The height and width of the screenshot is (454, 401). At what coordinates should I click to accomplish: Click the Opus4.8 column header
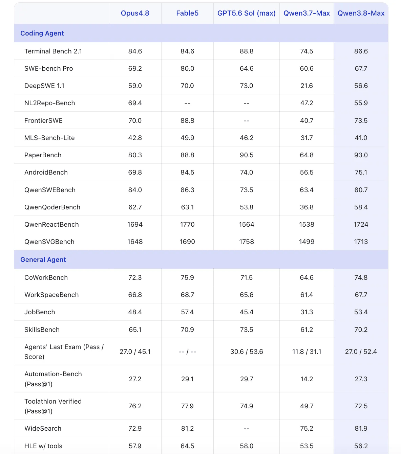(x=135, y=13)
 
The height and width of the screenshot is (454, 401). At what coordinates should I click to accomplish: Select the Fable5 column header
(x=187, y=13)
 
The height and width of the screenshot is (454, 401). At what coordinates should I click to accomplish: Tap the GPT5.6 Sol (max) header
(x=246, y=13)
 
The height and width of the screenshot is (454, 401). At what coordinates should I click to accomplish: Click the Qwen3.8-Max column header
(x=361, y=13)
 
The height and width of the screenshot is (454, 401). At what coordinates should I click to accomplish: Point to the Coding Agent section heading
(x=42, y=33)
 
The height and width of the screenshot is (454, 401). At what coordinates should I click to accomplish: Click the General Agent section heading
(x=43, y=259)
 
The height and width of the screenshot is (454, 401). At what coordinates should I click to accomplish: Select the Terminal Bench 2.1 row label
(x=53, y=51)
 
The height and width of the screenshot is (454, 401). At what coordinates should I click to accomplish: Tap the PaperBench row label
(x=43, y=155)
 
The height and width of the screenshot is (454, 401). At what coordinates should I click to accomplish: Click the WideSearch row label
(x=43, y=428)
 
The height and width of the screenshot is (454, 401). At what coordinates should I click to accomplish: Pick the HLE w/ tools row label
(x=43, y=446)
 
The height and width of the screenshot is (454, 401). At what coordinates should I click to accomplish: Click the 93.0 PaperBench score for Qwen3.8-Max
(x=361, y=155)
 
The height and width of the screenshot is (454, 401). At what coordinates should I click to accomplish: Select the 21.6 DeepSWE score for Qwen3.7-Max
(x=306, y=86)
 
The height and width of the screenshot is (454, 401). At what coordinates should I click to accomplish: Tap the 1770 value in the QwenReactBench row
(x=187, y=224)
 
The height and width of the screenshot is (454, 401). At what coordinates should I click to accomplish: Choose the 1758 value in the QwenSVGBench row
(x=246, y=241)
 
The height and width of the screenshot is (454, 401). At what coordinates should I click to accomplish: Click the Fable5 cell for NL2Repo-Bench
(x=187, y=103)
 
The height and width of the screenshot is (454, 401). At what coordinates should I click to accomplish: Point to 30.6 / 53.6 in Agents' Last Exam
(x=246, y=351)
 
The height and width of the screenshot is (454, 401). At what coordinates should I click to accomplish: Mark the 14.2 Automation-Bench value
(x=306, y=379)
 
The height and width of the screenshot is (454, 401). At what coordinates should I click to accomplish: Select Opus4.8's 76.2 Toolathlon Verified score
(x=135, y=406)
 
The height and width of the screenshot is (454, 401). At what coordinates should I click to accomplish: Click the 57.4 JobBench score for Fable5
(x=187, y=312)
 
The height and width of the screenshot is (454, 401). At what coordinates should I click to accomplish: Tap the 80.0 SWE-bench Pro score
(x=187, y=68)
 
